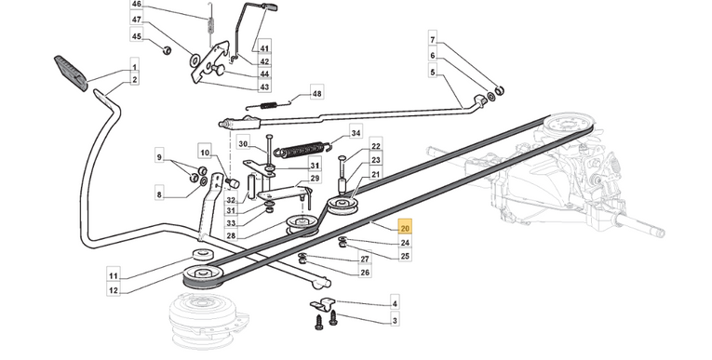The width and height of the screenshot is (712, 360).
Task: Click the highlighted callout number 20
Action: (405, 228)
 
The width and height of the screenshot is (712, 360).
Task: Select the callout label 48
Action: (316, 94)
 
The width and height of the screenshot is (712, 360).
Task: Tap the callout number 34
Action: (356, 133)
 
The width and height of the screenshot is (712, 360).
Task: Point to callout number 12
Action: (114, 289)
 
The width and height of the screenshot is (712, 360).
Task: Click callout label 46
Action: (136, 5)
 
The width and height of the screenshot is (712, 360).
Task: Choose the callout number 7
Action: (432, 40)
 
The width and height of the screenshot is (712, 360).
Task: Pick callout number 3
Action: (395, 321)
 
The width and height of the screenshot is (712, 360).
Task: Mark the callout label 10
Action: (205, 153)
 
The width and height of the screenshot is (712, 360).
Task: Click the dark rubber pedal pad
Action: (71, 73)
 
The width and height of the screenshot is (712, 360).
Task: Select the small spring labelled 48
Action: (268, 105)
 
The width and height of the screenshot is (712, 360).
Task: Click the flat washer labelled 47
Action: (195, 60)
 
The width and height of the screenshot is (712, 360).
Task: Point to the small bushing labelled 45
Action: (168, 49)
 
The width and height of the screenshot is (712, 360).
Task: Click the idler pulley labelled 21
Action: (343, 205)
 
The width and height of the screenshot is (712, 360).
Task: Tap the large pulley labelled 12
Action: (203, 275)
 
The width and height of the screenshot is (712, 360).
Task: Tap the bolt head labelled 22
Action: (343, 158)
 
